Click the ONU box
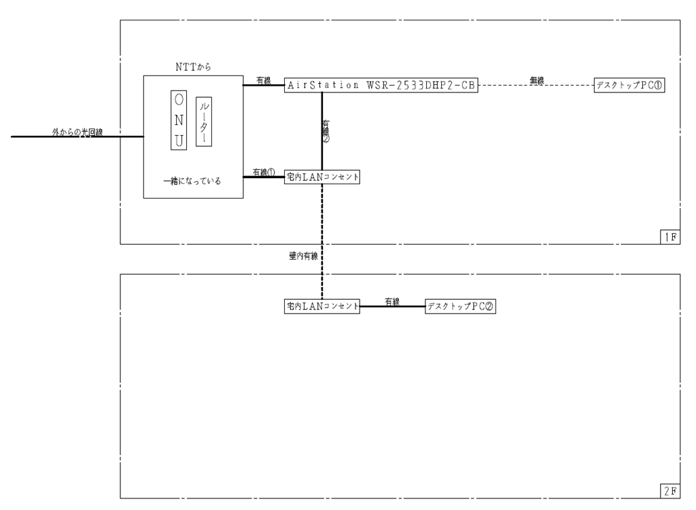click(x=178, y=120)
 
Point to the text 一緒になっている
click(x=192, y=182)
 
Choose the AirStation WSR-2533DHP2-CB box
click(x=381, y=86)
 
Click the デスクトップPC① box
click(x=629, y=86)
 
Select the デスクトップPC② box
click(x=459, y=307)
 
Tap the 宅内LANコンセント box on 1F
click(x=322, y=177)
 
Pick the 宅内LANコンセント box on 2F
click(x=322, y=307)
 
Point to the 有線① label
click(x=263, y=172)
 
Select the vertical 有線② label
click(x=327, y=131)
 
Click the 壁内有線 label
click(x=303, y=256)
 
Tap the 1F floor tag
click(x=669, y=237)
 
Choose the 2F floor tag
click(x=669, y=490)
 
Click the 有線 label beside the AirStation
click(x=263, y=81)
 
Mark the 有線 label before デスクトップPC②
click(x=392, y=302)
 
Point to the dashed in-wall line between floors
click(x=322, y=231)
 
